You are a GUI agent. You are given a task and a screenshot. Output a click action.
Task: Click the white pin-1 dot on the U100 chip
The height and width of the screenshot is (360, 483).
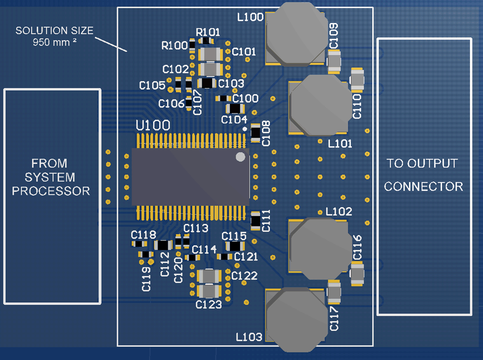tap(240, 157)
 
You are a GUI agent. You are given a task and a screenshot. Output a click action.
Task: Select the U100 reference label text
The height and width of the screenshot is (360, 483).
tap(153, 126)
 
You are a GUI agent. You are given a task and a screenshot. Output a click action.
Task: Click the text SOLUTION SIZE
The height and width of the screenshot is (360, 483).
tap(54, 31)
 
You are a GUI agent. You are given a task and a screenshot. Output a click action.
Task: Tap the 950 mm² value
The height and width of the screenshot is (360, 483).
tap(54, 42)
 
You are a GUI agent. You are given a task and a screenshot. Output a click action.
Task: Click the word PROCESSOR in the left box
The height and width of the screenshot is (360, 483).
tap(51, 191)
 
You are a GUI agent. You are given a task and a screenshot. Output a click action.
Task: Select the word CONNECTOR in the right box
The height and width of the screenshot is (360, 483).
tap(423, 187)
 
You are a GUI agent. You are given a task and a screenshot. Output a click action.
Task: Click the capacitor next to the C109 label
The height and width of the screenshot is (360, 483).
tap(335, 62)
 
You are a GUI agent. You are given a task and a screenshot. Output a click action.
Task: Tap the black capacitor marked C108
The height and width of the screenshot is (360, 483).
tap(255, 132)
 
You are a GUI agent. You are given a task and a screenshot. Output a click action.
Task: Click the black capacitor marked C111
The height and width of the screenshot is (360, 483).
tap(255, 220)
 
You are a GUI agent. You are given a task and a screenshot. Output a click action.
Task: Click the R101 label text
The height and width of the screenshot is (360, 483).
tap(208, 32)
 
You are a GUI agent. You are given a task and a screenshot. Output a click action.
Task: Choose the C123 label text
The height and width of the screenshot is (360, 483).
tap(208, 305)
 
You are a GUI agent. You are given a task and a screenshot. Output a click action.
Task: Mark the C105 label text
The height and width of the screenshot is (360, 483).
tap(152, 86)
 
